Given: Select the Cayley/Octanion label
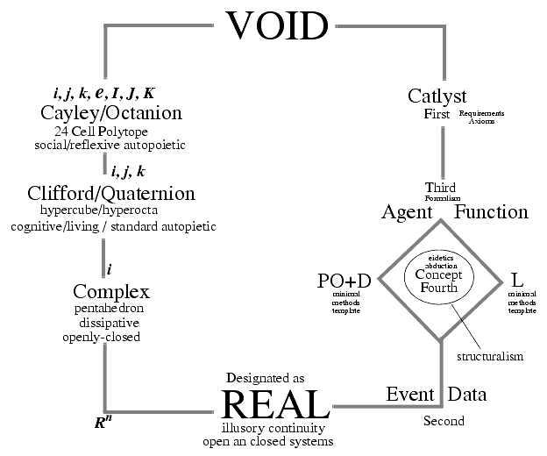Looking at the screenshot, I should point(111,113).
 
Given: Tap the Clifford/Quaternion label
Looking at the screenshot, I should point(111,193).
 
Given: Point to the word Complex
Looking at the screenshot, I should point(111,291).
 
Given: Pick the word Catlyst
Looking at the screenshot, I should point(437,96).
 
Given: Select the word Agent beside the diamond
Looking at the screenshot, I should point(409,212).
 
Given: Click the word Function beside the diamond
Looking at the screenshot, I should point(492,212).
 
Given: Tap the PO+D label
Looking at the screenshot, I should point(345,281).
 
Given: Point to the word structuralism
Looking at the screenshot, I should point(490,357).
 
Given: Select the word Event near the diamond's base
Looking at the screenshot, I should point(410,394).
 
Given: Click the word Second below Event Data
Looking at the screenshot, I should point(444,421).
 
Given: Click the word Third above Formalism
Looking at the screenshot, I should point(440,189).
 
